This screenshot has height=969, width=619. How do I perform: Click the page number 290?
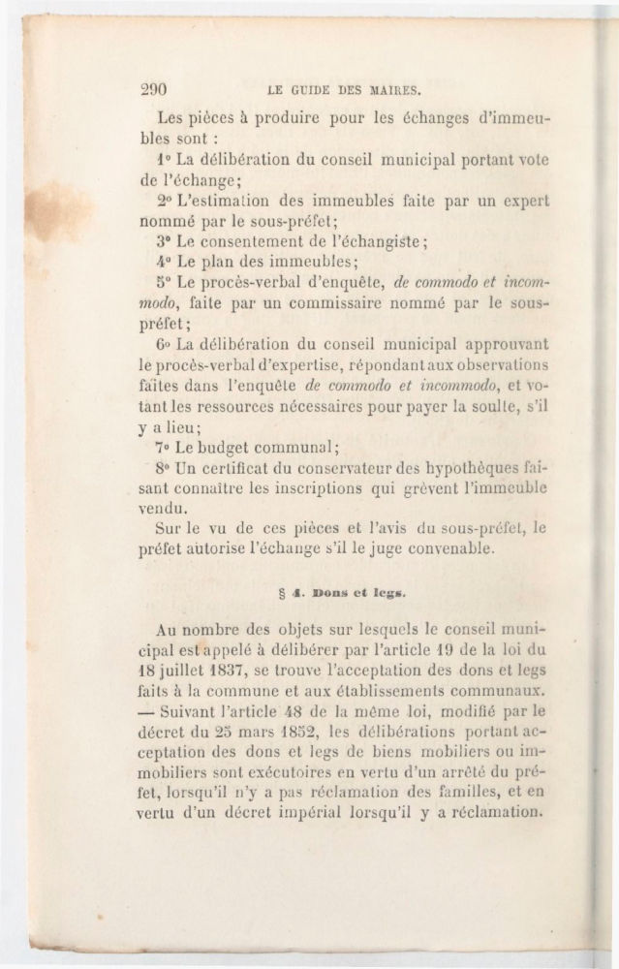154,89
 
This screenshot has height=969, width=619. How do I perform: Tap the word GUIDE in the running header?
313,90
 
